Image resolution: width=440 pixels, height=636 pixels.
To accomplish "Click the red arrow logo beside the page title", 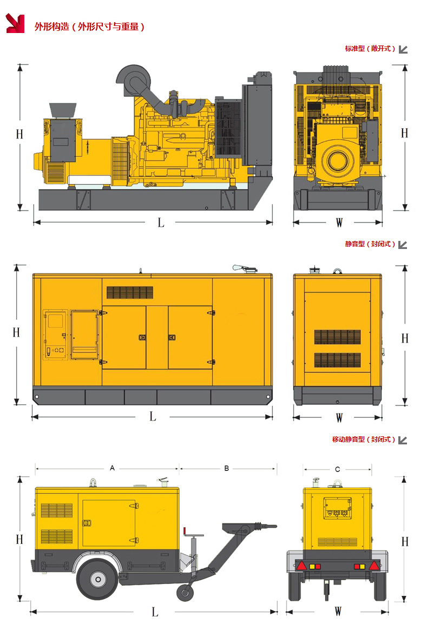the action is [15, 23].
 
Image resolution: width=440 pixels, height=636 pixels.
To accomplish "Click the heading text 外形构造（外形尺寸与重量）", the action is [90, 27].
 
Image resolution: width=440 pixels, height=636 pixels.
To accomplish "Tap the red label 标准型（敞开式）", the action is [370, 49].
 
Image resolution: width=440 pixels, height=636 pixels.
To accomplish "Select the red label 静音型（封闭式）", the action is [370, 244].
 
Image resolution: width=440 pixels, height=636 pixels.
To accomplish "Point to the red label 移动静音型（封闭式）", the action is [363, 440].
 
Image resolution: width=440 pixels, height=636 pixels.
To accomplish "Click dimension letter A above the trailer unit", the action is [113, 468].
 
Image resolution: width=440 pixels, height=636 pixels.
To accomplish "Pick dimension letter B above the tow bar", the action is [227, 469].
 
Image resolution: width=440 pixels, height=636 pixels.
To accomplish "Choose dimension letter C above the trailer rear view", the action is [337, 469].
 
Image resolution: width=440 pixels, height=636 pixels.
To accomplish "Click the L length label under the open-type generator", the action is [161, 222].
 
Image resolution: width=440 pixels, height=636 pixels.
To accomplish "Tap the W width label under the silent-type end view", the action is [339, 418].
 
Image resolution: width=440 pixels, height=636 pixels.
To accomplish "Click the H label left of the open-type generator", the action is [19, 134].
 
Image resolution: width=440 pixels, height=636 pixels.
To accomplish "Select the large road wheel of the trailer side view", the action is [98, 579].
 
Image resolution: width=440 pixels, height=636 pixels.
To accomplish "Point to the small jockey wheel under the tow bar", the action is [185, 593].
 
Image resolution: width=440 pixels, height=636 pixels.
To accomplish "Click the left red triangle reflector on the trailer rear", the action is [301, 566].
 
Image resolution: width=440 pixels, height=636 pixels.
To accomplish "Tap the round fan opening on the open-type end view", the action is [337, 161].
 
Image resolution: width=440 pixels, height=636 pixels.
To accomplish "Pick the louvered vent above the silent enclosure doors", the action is [130, 292].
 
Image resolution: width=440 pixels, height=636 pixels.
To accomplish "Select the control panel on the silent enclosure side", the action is [55, 335].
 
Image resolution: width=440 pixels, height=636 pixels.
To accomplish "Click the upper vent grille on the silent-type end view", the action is [337, 337].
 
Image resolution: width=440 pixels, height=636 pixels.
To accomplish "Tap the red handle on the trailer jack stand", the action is [185, 532].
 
